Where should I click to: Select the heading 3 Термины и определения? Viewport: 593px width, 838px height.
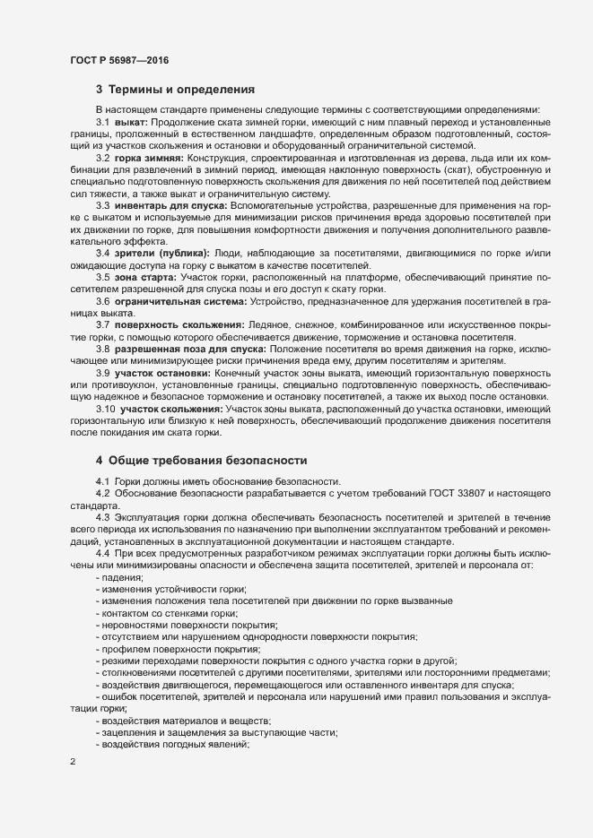pyautogui.click(x=176, y=90)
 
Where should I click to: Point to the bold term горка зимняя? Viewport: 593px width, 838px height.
pyautogui.click(x=148, y=159)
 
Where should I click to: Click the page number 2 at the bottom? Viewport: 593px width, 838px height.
pyautogui.click(x=72, y=761)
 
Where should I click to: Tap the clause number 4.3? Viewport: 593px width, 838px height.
pyautogui.click(x=102, y=519)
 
